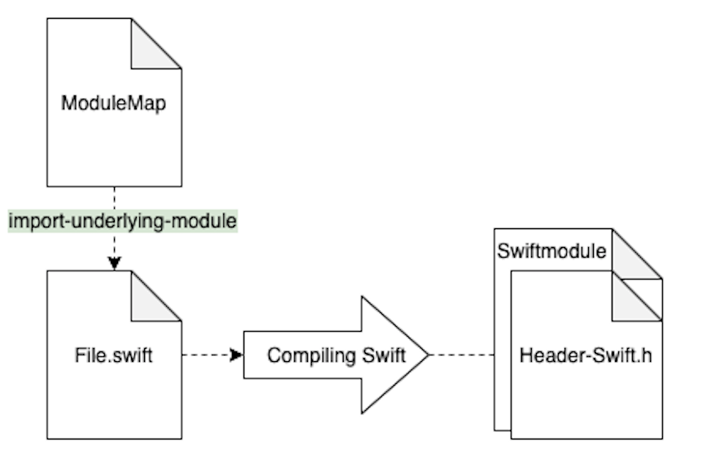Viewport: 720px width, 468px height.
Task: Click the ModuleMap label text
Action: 113,103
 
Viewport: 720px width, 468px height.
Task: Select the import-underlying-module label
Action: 123,221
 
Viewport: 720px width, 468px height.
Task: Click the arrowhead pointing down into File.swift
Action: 114,263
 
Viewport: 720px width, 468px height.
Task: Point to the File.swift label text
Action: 113,355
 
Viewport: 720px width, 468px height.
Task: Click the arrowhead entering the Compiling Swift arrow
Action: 236,355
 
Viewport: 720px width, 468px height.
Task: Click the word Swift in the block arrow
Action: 384,355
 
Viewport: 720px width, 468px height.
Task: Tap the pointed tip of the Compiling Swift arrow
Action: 428,355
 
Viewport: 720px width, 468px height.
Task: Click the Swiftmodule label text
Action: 551,251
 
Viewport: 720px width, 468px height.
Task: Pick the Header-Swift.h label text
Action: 586,355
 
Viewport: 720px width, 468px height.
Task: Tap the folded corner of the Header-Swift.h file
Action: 633,301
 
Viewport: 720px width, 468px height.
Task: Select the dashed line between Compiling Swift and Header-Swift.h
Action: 462,355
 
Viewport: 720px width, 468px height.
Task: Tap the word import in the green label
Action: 37,222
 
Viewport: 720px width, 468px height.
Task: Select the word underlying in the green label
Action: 117,222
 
